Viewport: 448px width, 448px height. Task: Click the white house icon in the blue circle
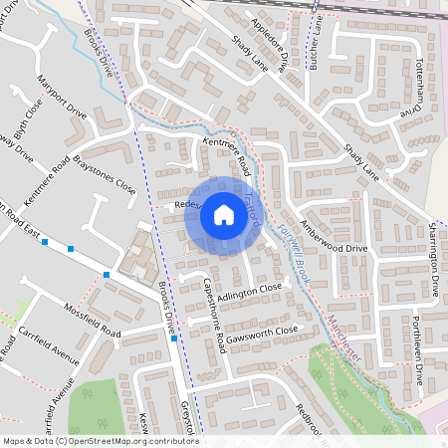tap(224, 214)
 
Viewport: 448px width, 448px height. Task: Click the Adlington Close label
tap(251, 291)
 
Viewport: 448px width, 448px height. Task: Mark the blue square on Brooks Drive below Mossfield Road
tap(174, 339)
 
